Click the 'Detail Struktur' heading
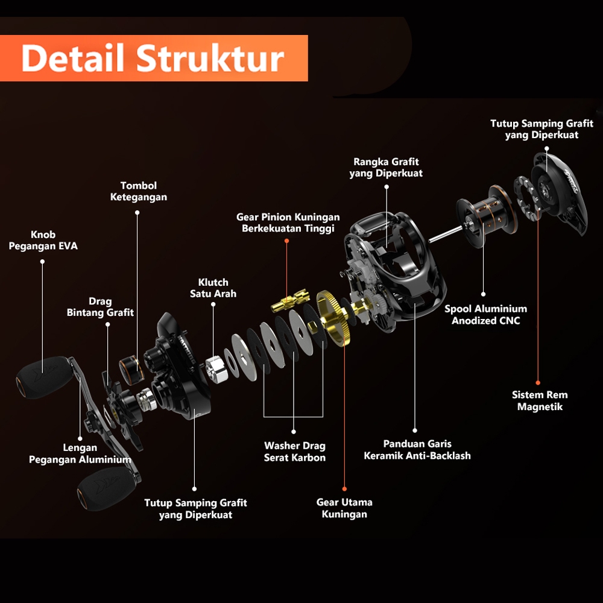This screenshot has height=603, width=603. coord(153,58)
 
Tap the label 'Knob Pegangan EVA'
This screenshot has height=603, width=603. coord(43,241)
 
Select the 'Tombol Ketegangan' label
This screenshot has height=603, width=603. coord(139,191)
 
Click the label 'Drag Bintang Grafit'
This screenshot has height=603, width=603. coord(100,307)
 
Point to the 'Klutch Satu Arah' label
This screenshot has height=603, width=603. coord(213,288)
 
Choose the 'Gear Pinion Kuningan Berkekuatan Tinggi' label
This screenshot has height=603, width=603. coord(288,223)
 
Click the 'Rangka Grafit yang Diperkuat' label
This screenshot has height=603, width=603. coord(386,168)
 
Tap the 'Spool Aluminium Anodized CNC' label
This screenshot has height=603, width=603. coord(485,315)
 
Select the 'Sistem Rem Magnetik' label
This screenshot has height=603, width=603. coord(540,401)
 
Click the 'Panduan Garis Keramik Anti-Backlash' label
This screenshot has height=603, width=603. coord(417,450)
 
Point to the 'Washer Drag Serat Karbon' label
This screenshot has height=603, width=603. coord(295,452)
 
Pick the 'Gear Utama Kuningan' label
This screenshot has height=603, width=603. coord(344,508)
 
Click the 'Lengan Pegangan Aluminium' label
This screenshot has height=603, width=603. coord(80,453)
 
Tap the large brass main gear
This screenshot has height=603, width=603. coord(333,318)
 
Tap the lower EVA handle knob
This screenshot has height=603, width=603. coord(104,488)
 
